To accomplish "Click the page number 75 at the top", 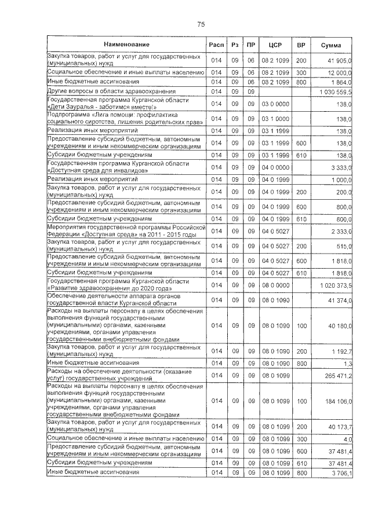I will (201, 24).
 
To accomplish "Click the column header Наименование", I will (126, 45).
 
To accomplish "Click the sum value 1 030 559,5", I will (335, 92).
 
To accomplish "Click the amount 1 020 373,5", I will (335, 285).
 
